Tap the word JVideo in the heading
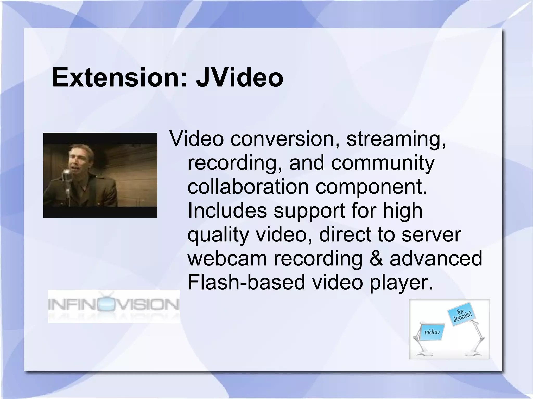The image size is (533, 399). (x=239, y=77)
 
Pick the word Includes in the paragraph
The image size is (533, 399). (x=227, y=210)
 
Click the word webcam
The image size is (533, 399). (x=227, y=258)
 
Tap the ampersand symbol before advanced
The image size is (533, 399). (x=376, y=258)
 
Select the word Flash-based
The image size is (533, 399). (x=246, y=282)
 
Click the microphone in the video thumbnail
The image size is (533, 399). (x=67, y=173)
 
